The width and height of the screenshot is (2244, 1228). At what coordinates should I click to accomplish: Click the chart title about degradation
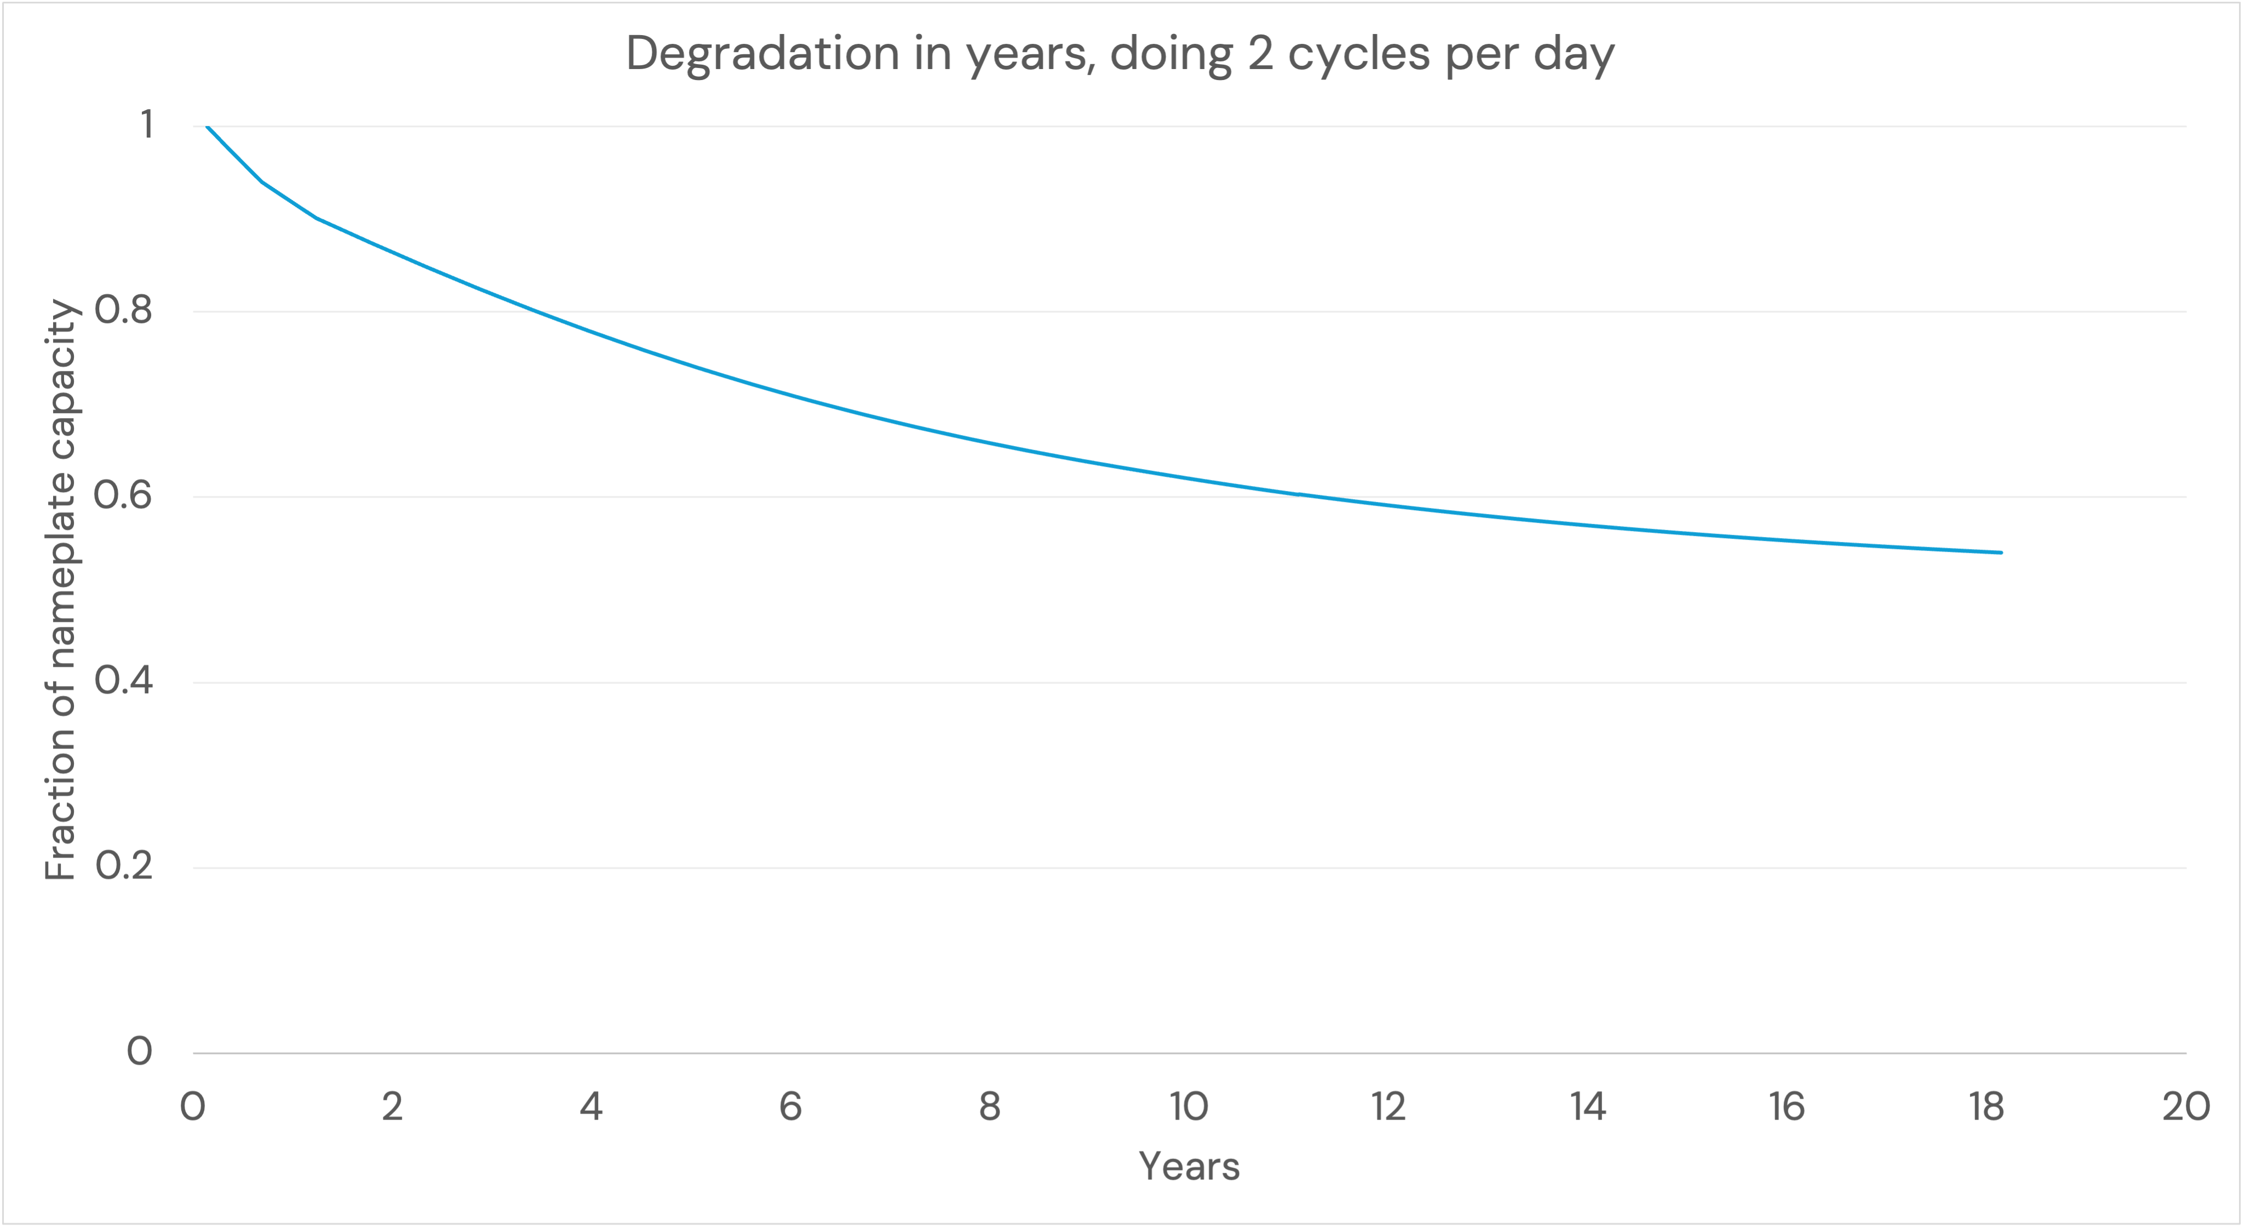(x=1120, y=54)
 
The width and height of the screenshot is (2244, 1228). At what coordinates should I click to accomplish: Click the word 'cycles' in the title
(x=1358, y=54)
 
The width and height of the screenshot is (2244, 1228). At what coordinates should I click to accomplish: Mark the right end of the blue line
(x=2001, y=552)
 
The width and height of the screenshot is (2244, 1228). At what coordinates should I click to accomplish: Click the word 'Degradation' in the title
(x=762, y=54)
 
